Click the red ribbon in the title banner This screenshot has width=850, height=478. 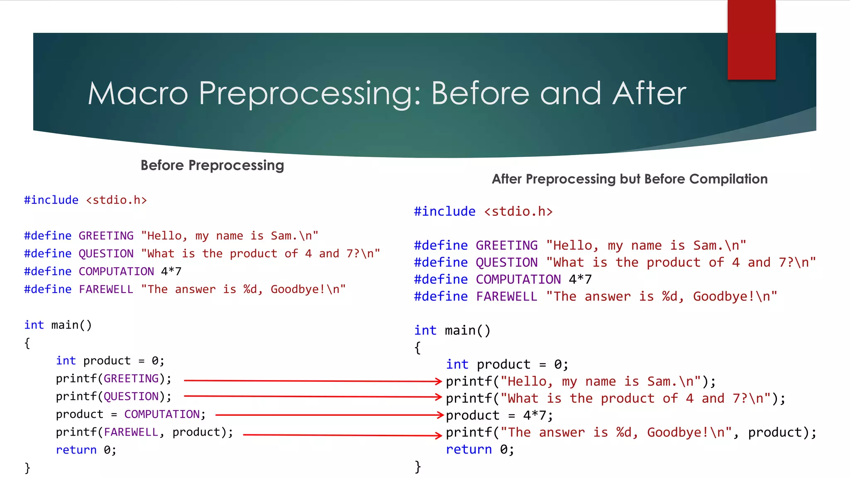click(751, 39)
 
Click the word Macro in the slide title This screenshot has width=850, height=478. click(138, 93)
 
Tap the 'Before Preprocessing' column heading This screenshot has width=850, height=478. click(212, 165)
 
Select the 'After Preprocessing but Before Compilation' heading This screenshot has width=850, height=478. click(629, 179)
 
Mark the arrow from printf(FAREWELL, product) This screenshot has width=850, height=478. click(342, 435)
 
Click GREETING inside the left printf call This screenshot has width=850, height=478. click(131, 378)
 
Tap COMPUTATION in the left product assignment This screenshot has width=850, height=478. click(162, 414)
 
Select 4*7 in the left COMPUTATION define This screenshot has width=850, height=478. click(171, 271)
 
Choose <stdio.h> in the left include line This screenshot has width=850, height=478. click(116, 200)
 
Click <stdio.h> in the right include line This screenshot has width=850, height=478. click(518, 212)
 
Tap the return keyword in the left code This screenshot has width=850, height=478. click(76, 450)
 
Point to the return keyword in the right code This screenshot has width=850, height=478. click(469, 449)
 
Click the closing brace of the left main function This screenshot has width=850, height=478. click(27, 468)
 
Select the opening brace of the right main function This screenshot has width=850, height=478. click(418, 347)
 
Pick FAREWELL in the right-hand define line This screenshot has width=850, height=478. click(506, 296)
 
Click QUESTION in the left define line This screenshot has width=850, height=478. click(106, 254)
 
